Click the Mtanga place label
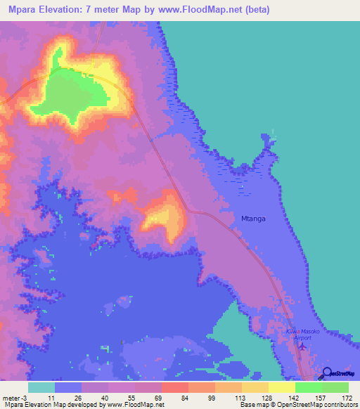pyautogui.click(x=252, y=219)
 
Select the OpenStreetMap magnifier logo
pyautogui.click(x=327, y=373)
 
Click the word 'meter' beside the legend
pyautogui.click(x=13, y=397)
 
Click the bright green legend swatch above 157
pyautogui.click(x=308, y=387)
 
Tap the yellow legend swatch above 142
pyautogui.click(x=281, y=387)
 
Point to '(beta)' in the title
pyautogui.click(x=255, y=11)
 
